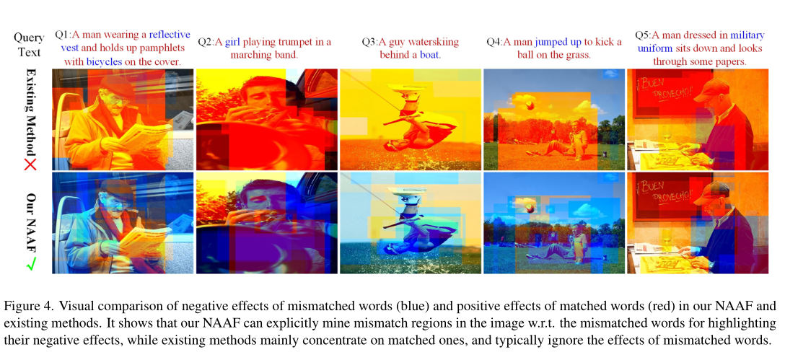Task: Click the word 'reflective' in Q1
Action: (x=170, y=35)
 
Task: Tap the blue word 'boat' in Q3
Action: (x=430, y=55)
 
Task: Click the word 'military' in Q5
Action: (x=747, y=35)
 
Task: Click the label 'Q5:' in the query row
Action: (x=643, y=35)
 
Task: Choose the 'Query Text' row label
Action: (x=29, y=44)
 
